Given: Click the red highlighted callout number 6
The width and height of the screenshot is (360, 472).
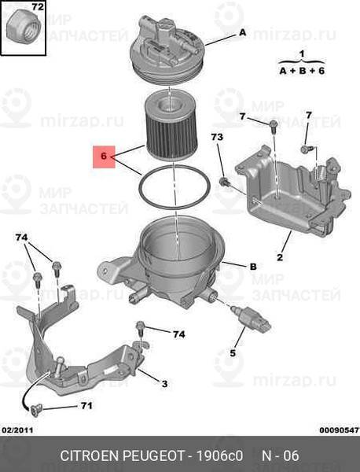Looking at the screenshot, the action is pos(104,157).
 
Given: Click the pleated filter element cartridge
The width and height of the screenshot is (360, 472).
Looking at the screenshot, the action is pos(166,125).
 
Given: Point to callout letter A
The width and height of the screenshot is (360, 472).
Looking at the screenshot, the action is pos(242,32).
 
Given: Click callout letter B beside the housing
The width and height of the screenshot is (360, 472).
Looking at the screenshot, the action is pos(253,267).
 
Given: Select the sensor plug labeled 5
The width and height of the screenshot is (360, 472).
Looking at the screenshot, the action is pos(251,318).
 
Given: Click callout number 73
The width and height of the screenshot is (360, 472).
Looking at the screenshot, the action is pos(217,137).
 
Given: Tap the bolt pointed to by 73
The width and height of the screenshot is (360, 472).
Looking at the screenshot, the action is pos(225,183).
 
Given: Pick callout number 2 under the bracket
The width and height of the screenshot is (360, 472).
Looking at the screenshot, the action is pos(280,257).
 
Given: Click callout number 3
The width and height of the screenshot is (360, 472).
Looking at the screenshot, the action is pos(164,384).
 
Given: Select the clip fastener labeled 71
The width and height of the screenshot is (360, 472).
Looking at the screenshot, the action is pos(35,411).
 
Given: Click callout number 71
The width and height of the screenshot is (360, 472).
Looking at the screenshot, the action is pos(86,406).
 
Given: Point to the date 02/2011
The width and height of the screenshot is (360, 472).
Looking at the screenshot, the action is pos(17,430).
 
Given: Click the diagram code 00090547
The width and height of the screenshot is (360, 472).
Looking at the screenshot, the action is pos(340,430).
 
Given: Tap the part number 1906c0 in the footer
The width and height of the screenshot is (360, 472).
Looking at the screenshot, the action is pos(219,455).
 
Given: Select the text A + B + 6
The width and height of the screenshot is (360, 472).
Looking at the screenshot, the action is pos(302,71).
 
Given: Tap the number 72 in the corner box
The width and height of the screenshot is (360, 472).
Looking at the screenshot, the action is pos(38,6).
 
